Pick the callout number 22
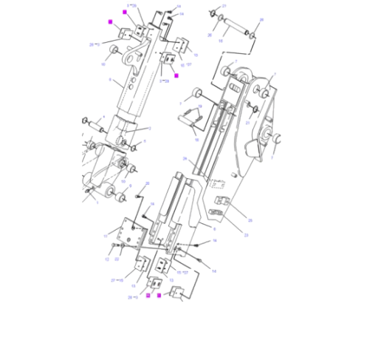pyautogui.click(x=118, y=259)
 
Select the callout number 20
pyautogui.click(x=148, y=184)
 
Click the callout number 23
pyautogui.click(x=246, y=235)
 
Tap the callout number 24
pyautogui.click(x=185, y=158)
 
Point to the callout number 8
pyautogui.click(x=214, y=230)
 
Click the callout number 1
pyautogui.click(x=96, y=204)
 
